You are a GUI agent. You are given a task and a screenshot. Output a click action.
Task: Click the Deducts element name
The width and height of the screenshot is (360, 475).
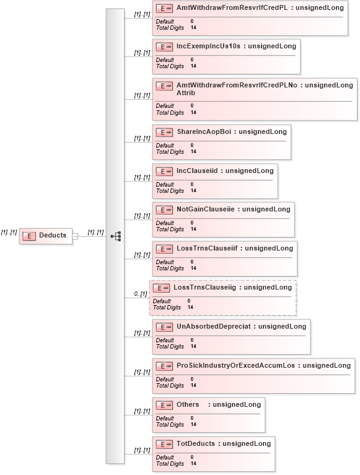click(x=53, y=235)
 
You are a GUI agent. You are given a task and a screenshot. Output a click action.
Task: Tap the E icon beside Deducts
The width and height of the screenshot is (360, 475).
click(x=29, y=236)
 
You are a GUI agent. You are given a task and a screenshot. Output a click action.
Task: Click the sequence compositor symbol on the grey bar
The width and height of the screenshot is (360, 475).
click(x=116, y=236)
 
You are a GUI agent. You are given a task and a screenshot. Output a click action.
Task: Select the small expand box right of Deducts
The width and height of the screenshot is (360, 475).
click(x=75, y=236)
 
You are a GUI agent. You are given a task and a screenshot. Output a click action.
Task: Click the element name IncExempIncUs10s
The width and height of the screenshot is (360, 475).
click(x=208, y=46)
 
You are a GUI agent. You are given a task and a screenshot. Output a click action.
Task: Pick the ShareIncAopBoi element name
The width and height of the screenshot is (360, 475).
click(x=204, y=132)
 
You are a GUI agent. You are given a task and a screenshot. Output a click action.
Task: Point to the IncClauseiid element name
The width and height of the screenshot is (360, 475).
click(x=197, y=171)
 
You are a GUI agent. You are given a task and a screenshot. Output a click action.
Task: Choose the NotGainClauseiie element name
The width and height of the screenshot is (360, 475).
click(x=206, y=210)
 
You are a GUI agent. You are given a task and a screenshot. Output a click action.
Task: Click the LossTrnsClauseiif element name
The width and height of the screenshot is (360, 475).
click(x=207, y=249)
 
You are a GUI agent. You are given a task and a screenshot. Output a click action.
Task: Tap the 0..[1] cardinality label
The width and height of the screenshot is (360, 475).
click(x=141, y=294)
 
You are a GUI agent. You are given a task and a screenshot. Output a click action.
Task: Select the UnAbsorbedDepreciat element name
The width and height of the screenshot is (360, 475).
click(x=214, y=327)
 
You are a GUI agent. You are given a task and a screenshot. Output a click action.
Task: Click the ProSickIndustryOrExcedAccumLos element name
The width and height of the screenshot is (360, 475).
click(x=235, y=366)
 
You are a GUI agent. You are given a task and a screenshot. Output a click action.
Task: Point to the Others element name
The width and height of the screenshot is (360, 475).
click(x=188, y=405)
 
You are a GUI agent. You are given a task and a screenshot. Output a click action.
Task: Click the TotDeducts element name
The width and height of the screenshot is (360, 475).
click(x=196, y=444)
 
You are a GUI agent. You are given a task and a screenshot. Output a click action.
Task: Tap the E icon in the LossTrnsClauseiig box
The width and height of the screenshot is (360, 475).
click(x=161, y=288)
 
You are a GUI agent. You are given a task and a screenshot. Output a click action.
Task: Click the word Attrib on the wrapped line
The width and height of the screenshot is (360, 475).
click(x=186, y=93)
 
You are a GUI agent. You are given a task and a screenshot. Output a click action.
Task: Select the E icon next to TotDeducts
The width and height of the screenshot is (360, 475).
click(x=164, y=445)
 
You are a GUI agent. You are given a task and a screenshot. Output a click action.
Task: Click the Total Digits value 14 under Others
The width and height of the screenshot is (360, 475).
click(x=193, y=424)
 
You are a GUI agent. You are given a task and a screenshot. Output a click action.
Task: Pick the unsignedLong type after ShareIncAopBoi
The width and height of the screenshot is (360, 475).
click(x=263, y=132)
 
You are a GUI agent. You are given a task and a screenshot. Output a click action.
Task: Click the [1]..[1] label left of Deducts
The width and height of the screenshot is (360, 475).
click(x=9, y=233)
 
